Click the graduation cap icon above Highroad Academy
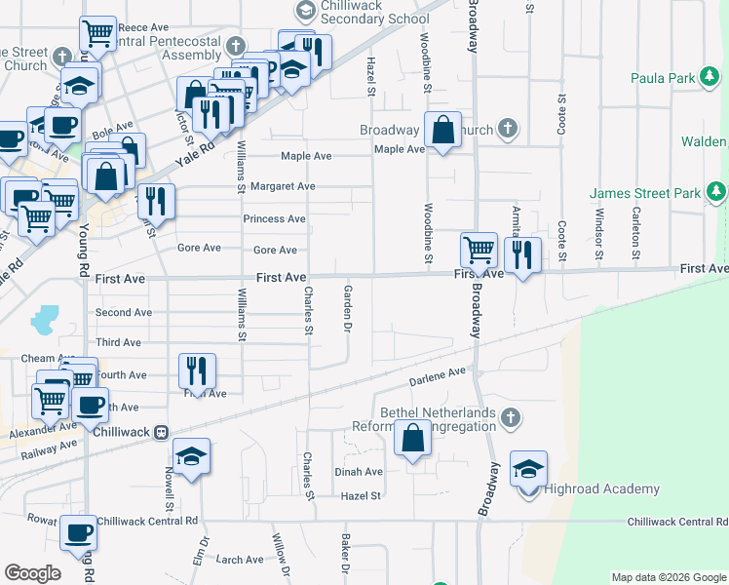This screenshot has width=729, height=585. click(528, 469)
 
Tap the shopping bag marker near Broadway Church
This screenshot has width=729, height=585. click(442, 130)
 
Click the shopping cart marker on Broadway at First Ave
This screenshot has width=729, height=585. click(479, 250)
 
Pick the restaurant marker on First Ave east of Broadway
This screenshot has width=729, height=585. click(523, 255)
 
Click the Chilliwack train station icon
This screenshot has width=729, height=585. click(163, 431)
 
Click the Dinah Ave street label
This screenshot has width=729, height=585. click(359, 471)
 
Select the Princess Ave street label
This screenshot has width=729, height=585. click(275, 218)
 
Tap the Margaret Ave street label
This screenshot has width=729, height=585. click(283, 186)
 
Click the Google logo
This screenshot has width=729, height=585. click(32, 573)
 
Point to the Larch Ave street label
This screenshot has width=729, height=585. click(240, 560)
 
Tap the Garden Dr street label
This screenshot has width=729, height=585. click(347, 321)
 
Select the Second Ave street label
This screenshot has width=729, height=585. click(124, 313)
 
